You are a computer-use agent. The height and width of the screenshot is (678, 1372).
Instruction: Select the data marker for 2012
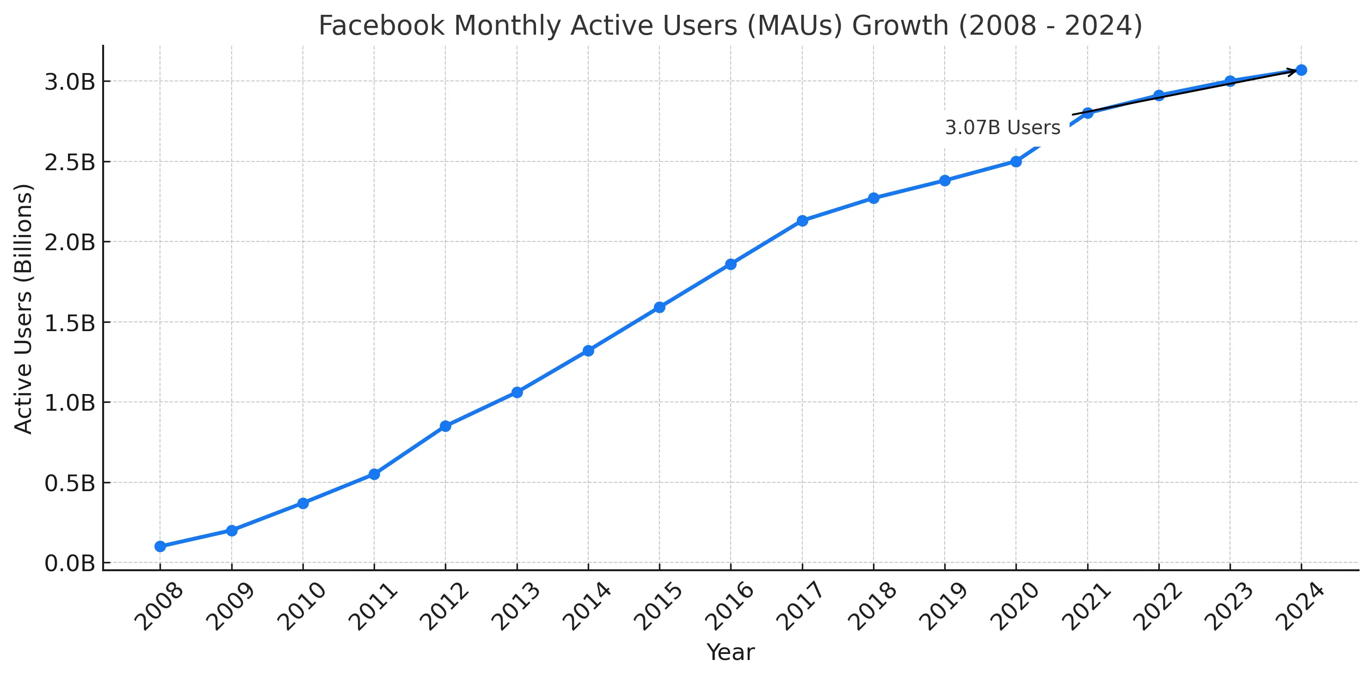click(445, 425)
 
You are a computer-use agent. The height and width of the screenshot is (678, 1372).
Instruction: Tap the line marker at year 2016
click(731, 264)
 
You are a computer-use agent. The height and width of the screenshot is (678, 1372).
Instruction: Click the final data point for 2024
click(1301, 70)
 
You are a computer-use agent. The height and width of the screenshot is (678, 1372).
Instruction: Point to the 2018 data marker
click(874, 198)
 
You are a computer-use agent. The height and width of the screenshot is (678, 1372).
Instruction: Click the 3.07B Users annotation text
click(1003, 128)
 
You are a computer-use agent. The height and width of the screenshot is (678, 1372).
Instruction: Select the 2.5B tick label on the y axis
click(69, 162)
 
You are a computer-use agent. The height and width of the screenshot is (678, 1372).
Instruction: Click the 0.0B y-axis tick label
click(69, 563)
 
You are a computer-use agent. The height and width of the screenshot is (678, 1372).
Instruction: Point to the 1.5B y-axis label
click(69, 323)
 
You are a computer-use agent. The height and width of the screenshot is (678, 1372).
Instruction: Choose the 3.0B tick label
click(69, 82)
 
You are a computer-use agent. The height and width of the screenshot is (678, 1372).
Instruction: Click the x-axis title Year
click(730, 652)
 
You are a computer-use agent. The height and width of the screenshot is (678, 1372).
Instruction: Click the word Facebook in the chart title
click(381, 25)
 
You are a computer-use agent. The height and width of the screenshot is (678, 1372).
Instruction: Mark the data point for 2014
click(588, 350)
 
